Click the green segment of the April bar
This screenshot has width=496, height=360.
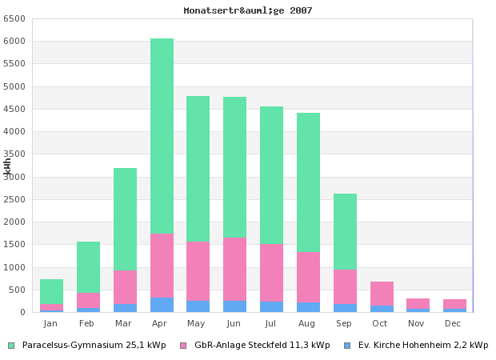point(162,136)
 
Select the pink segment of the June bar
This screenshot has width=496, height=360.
point(235,269)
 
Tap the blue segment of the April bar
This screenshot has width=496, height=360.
point(162,305)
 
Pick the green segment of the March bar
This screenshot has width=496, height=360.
point(125,219)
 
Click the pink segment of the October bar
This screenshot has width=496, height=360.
point(382,293)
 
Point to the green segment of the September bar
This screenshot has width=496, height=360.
point(345,232)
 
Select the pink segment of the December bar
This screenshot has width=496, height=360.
point(454,304)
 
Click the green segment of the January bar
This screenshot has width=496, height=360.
point(51,291)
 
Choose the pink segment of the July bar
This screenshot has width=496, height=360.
point(271,273)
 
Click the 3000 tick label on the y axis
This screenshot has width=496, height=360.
point(18,177)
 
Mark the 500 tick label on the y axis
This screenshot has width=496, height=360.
point(20,290)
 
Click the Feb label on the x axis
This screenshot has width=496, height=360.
point(87,323)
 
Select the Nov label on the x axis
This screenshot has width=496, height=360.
point(417,323)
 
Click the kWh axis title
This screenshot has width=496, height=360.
point(7,166)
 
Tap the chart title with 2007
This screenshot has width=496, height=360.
point(248,10)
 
